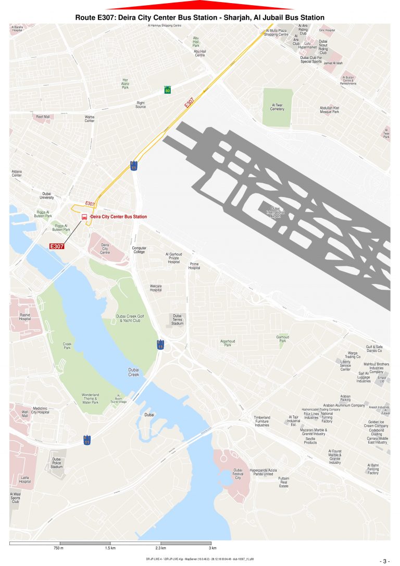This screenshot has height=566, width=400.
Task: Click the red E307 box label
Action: click(56, 245)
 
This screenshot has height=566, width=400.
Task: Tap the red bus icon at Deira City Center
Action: click(84, 216)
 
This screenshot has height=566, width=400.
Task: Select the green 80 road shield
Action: click(167, 90)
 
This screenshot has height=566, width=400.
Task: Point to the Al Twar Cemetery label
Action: click(278, 107)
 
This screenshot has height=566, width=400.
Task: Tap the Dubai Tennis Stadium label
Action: click(177, 319)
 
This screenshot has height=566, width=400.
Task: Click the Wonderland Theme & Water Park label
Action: click(90, 399)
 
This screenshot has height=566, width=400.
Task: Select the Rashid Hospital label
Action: click(25, 317)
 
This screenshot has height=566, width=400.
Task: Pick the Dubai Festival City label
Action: click(238, 474)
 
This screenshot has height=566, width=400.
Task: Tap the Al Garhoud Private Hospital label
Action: click(173, 258)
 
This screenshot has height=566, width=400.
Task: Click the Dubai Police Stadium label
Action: click(56, 463)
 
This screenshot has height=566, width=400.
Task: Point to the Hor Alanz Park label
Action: click(125, 83)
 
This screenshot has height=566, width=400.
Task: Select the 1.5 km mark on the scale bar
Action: click(110, 548)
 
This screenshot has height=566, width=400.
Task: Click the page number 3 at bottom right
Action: click(385, 561)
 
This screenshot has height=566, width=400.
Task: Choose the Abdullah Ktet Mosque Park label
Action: click(329, 110)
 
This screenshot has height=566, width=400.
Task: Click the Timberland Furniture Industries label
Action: click(261, 421)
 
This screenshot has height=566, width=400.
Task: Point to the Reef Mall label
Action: click(43, 117)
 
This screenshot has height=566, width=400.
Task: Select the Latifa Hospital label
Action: click(25, 479)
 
